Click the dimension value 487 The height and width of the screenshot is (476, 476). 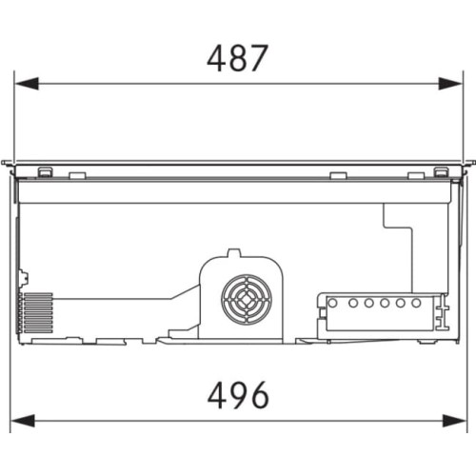(237, 58)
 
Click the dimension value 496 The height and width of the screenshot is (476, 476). (238, 395)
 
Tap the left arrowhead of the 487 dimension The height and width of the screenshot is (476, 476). (27, 84)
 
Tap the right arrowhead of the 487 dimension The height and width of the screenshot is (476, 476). (450, 84)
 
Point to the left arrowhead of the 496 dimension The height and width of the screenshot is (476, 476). (23, 421)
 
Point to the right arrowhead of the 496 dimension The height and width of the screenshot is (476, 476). (454, 421)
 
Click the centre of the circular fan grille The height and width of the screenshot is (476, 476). (247, 300)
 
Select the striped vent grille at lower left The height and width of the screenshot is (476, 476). (36, 313)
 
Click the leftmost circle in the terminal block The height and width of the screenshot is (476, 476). (332, 303)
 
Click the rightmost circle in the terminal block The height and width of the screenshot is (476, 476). (416, 303)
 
